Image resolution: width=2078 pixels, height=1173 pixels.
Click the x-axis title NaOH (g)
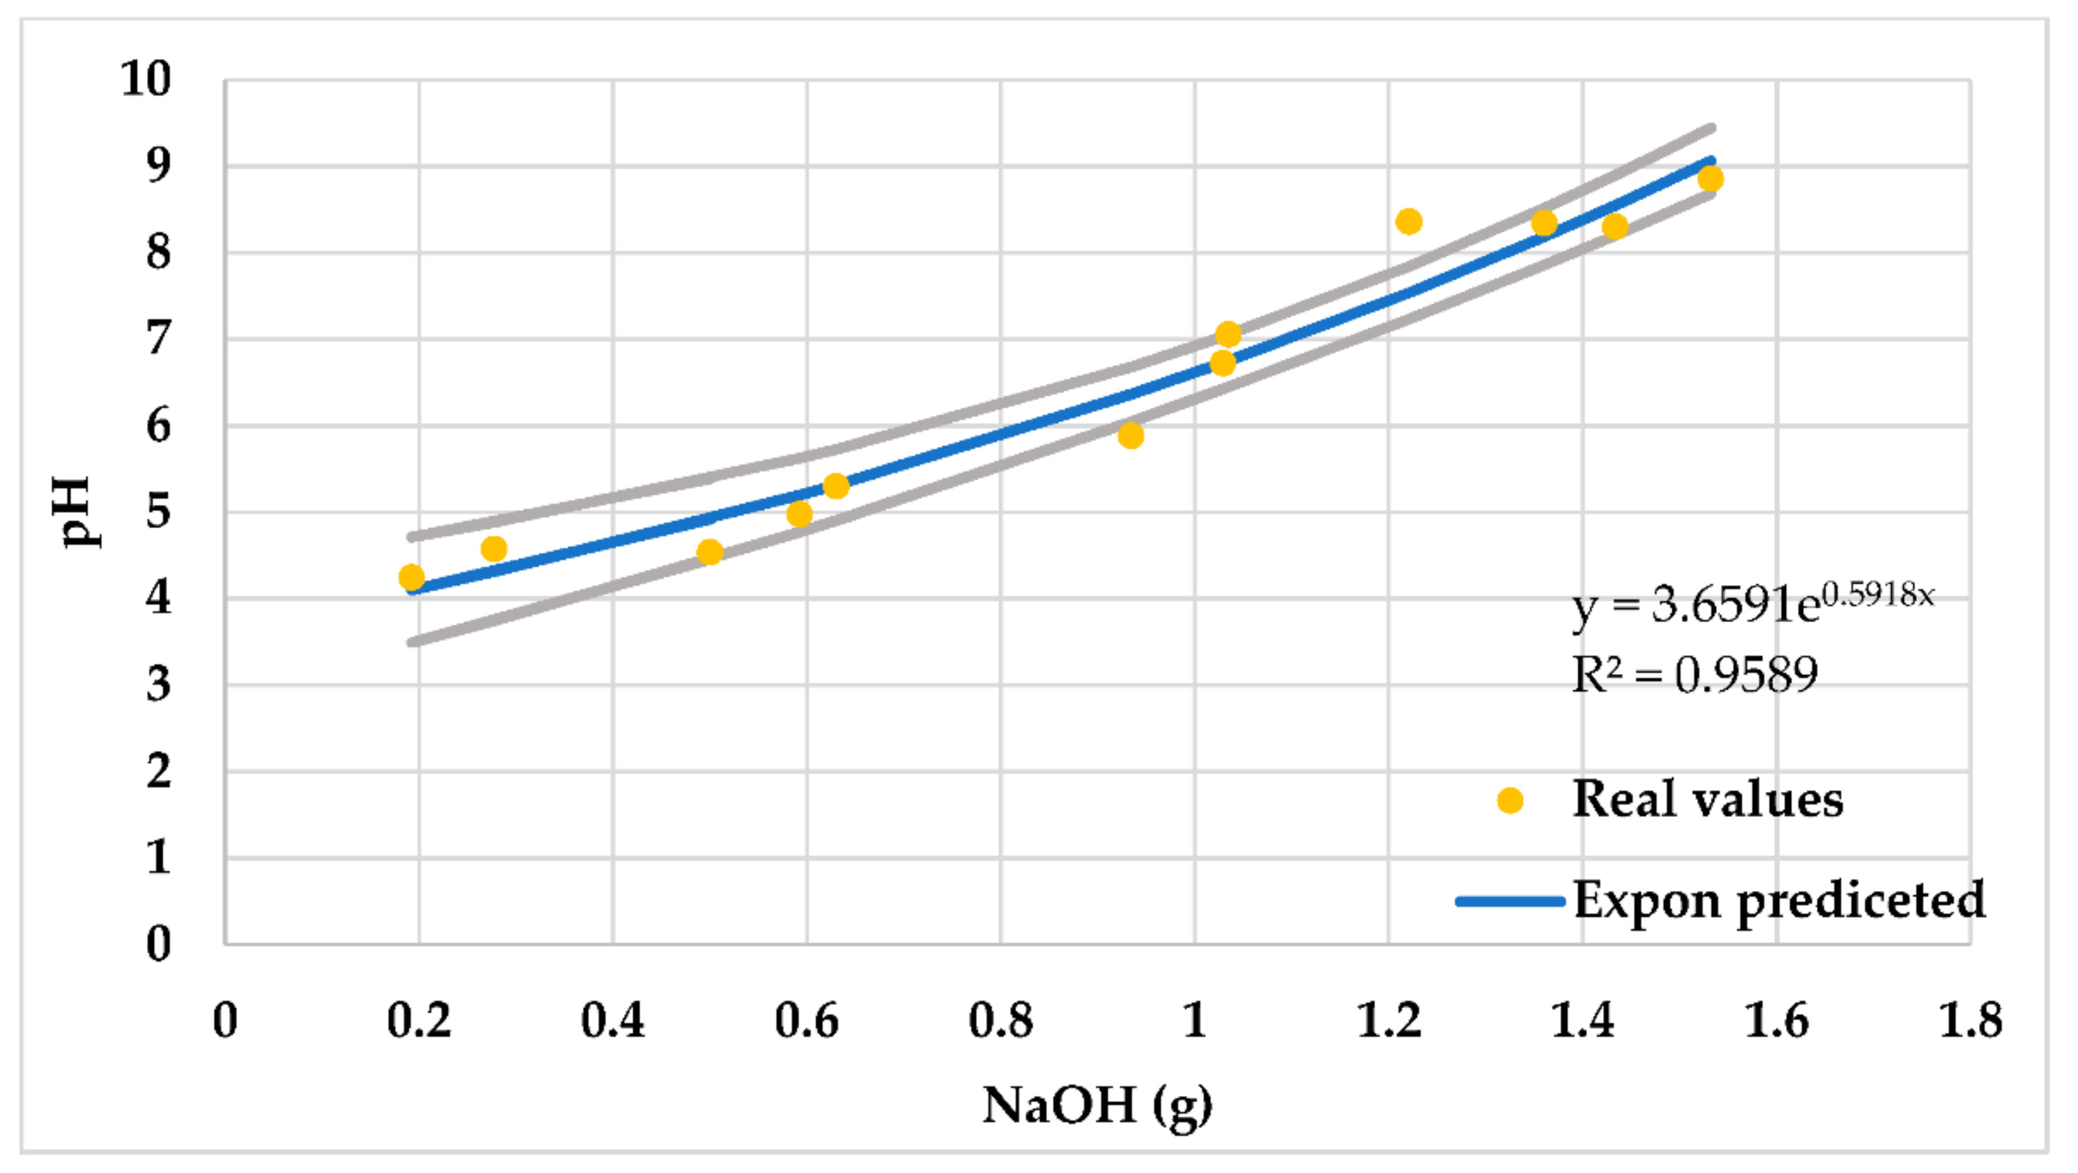[x=1097, y=1105]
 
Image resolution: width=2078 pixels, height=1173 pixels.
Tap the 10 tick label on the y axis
[x=146, y=79]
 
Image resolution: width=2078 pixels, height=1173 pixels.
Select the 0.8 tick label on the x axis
[x=1000, y=1021]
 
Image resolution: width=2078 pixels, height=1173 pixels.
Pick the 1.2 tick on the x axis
[x=1388, y=1021]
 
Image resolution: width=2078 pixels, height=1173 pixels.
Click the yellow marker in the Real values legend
[x=1509, y=800]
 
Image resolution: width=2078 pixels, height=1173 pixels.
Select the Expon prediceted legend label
[x=1778, y=900]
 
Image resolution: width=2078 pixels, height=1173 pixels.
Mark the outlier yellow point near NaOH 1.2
[x=1409, y=221]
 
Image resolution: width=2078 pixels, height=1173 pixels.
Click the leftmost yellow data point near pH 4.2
[x=412, y=577]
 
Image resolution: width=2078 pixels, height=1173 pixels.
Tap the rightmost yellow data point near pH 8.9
[x=1710, y=179]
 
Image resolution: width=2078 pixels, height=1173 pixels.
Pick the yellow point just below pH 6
[x=1131, y=435]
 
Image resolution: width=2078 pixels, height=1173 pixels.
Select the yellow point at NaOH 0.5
[x=709, y=553]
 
